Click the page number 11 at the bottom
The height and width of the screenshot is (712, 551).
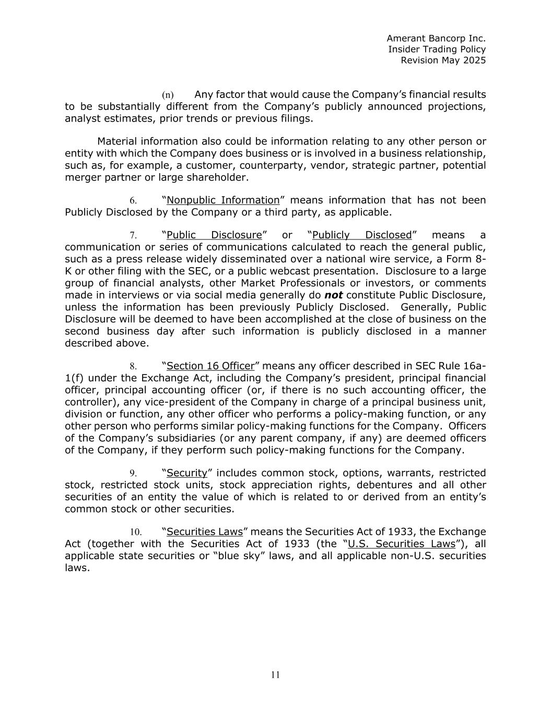(276, 675)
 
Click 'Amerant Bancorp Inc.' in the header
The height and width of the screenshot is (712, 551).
(436, 38)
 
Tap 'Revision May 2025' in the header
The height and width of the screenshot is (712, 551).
(443, 60)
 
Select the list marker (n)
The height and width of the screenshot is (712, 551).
(168, 95)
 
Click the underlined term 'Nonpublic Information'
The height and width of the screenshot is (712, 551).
(223, 200)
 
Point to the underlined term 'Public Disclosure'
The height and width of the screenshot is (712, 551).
(214, 235)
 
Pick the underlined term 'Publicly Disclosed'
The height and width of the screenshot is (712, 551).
(362, 235)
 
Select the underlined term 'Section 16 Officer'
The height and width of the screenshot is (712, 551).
(210, 366)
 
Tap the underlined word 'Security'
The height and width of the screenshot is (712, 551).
(187, 473)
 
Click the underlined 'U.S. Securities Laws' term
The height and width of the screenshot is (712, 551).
(402, 544)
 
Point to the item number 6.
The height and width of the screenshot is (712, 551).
(133, 201)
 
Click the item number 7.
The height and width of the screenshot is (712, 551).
(133, 236)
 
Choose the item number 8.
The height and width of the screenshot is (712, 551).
(133, 367)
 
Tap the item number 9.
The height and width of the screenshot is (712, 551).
(133, 474)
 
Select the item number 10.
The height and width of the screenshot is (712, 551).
(136, 533)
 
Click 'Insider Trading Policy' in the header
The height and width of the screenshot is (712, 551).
(437, 49)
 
